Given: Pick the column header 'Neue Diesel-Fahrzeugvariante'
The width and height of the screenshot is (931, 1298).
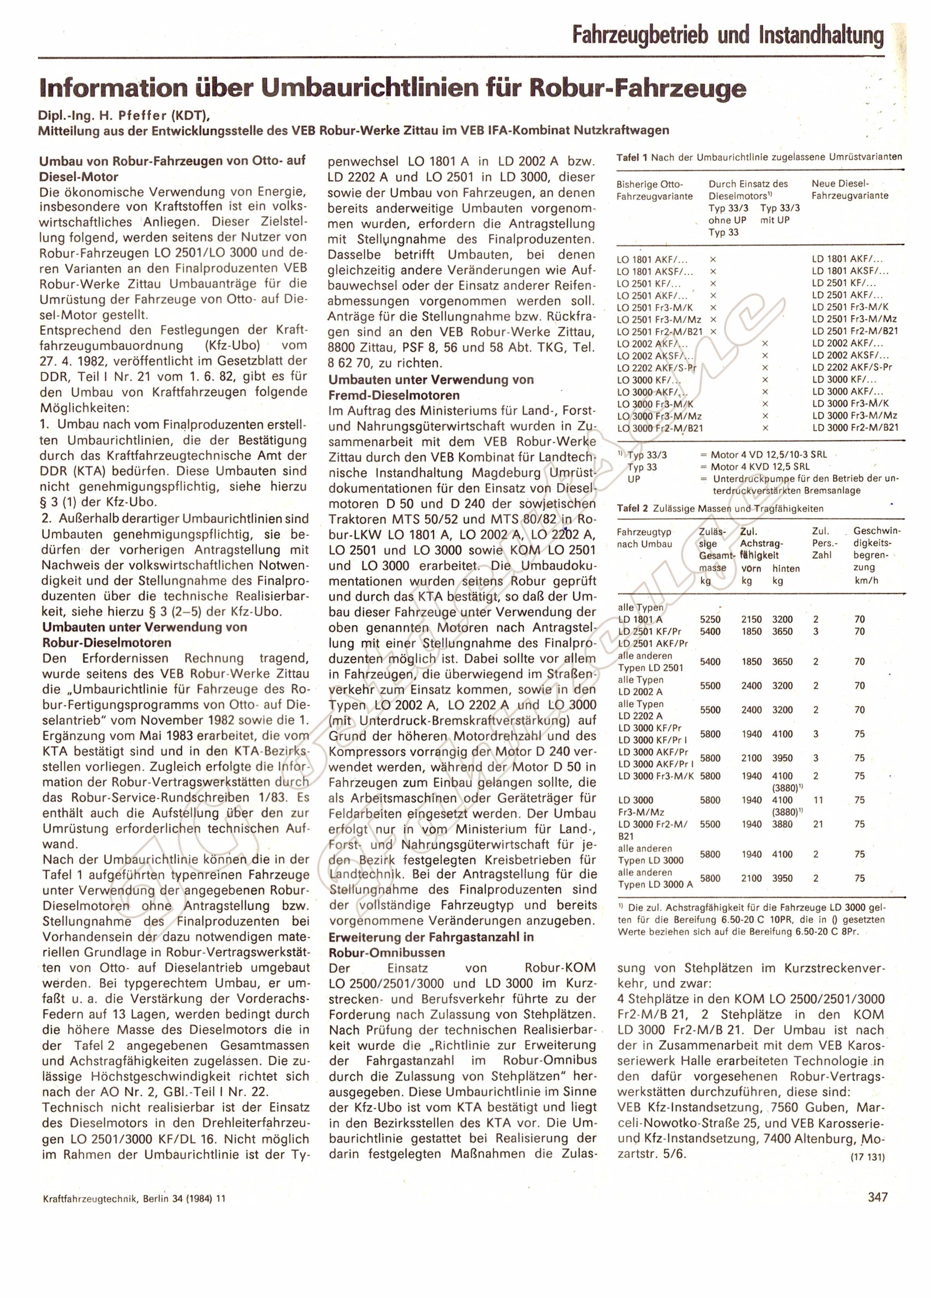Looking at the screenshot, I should pos(850,189).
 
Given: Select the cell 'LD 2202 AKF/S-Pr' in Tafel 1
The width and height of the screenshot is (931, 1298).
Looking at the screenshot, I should pos(852,367).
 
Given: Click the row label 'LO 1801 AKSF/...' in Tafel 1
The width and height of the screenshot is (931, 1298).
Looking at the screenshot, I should pos(655,271).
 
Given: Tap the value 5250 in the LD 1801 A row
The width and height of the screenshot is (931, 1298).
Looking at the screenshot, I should pos(710,619).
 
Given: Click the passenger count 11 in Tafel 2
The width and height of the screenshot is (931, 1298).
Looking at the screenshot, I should pos(818,800).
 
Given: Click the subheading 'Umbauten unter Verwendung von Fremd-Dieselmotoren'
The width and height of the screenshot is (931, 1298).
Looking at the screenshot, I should pos(431,387).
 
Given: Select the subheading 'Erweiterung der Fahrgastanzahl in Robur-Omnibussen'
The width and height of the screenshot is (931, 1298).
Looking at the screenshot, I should pos(431,945).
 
